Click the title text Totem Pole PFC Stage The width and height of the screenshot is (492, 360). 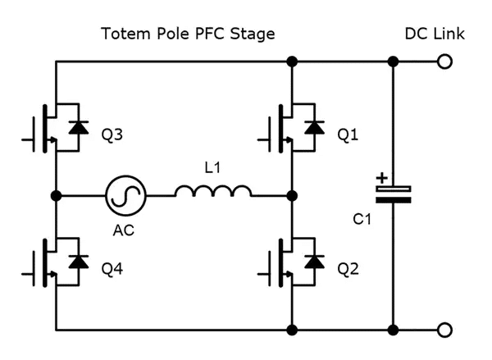187,34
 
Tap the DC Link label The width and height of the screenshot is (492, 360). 435,34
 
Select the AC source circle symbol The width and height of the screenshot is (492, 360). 125,196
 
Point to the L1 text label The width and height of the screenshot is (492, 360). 212,168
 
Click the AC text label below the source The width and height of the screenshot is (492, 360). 124,230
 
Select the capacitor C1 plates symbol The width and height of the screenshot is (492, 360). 393,194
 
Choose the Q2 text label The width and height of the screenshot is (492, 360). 348,268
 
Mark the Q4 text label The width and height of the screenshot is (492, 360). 112,268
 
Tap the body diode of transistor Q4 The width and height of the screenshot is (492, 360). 79,262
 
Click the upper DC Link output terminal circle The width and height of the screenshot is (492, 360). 444,62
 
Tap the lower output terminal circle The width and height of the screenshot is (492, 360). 444,330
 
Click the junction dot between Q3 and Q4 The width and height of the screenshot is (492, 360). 55,196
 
